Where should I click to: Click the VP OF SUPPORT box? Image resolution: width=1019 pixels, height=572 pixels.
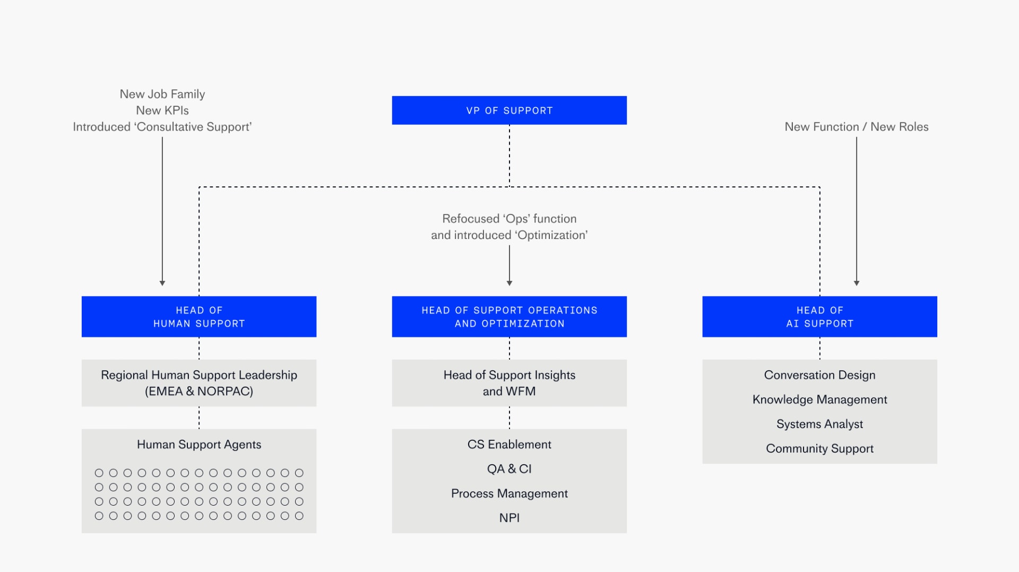(x=509, y=110)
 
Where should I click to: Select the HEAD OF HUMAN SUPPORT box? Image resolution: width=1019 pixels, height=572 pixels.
(x=199, y=317)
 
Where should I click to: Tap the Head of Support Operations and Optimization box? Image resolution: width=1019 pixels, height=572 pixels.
(x=509, y=317)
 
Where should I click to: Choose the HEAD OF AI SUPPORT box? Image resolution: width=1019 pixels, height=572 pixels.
(x=819, y=317)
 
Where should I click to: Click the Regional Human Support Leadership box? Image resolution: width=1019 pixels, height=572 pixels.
(x=199, y=383)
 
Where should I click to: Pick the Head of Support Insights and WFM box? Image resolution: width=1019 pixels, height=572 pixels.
(x=509, y=383)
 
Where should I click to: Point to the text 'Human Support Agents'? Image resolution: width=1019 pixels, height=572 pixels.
(x=199, y=445)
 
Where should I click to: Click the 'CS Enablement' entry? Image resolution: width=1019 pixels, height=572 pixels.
(x=509, y=445)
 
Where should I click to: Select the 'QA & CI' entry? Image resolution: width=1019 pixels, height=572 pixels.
(x=509, y=469)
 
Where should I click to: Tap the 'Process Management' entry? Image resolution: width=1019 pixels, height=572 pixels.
(x=509, y=493)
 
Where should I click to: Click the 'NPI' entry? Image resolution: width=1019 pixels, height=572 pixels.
(x=509, y=518)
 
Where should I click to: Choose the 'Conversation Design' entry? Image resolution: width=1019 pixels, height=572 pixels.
(x=819, y=375)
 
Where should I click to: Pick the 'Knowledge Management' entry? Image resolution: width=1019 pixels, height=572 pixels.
(x=819, y=399)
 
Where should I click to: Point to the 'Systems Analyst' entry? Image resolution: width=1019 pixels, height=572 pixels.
(x=819, y=424)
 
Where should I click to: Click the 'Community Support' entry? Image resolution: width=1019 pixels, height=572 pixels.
(x=819, y=448)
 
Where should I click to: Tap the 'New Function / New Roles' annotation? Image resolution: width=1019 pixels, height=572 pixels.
(x=856, y=127)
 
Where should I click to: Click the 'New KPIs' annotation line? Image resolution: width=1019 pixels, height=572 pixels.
(x=162, y=110)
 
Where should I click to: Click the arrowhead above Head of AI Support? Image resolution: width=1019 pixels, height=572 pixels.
(x=856, y=283)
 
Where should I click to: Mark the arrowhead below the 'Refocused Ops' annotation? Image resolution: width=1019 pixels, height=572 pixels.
(x=509, y=283)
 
